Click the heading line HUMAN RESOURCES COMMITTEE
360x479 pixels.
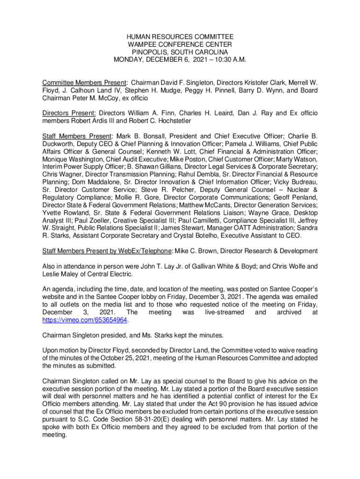pos(180,37)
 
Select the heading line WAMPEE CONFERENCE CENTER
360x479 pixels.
pos(180,44)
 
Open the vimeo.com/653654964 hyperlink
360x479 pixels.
pos(85,320)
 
